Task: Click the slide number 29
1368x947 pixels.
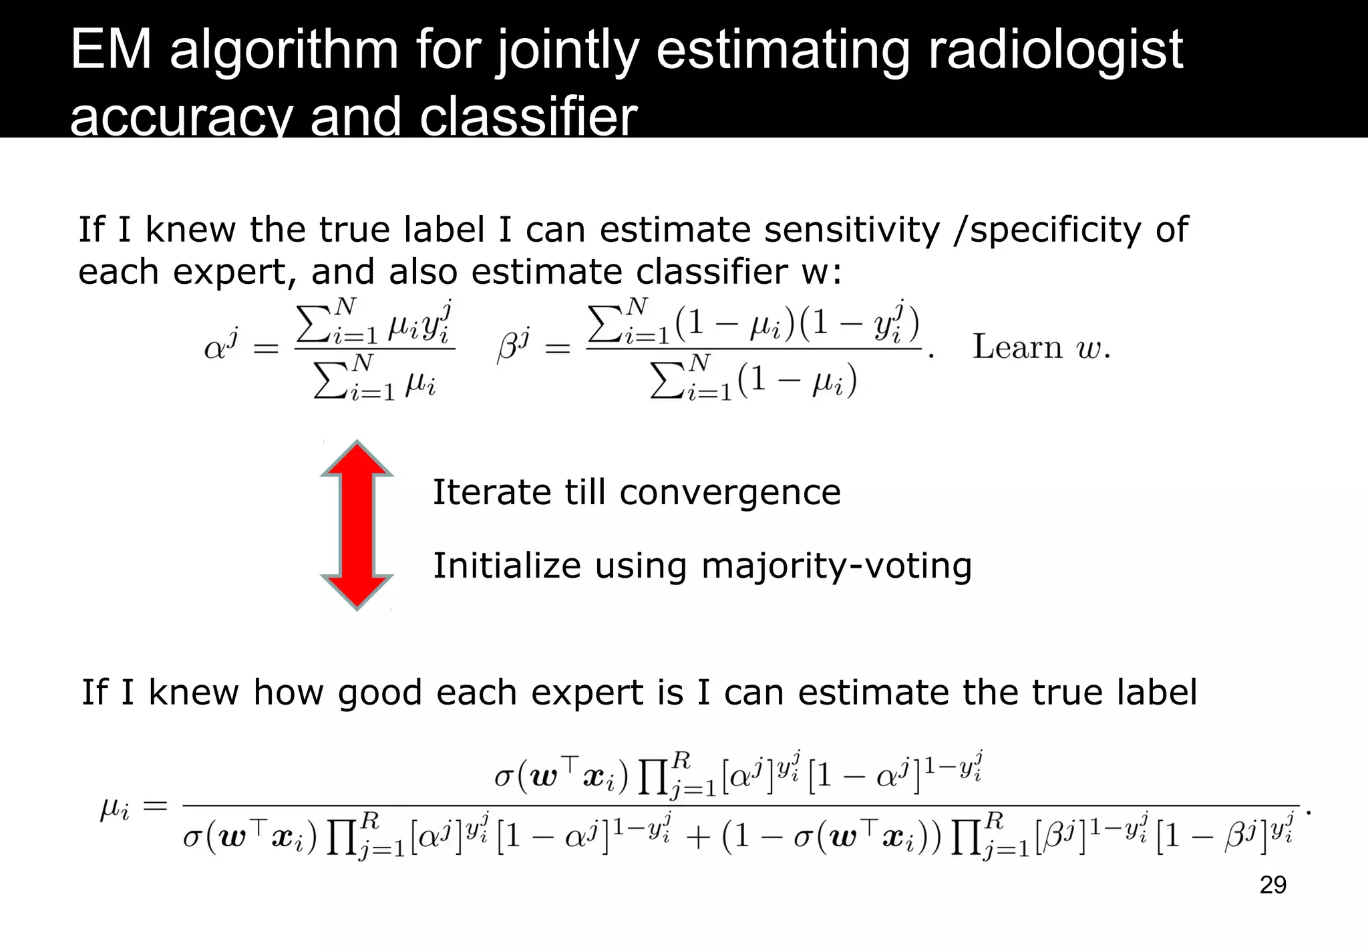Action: (1272, 885)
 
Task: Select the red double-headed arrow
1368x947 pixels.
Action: (357, 525)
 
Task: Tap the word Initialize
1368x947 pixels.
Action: (507, 566)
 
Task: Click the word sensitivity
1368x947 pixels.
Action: (852, 230)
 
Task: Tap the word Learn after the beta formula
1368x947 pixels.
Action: (1017, 347)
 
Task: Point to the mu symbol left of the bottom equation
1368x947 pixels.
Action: (114, 809)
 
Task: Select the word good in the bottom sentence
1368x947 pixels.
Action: (379, 693)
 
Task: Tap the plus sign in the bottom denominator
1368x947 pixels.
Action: (697, 837)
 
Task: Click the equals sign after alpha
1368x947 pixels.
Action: (265, 348)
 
